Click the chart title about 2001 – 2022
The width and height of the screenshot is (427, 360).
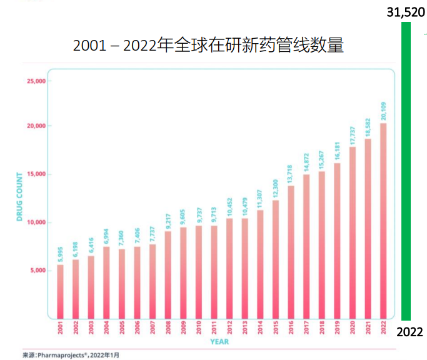[208, 45]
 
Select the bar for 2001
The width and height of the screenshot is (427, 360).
[61, 291]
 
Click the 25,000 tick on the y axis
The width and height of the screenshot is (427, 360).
[36, 81]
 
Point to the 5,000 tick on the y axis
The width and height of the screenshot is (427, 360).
[37, 271]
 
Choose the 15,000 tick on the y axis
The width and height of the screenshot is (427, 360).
[36, 174]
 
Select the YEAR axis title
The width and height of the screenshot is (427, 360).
[219, 342]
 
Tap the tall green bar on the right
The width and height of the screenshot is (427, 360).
[406, 171]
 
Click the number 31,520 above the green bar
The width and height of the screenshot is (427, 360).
[406, 11]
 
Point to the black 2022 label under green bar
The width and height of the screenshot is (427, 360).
[411, 331]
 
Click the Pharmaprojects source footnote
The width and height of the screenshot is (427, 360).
[71, 354]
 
